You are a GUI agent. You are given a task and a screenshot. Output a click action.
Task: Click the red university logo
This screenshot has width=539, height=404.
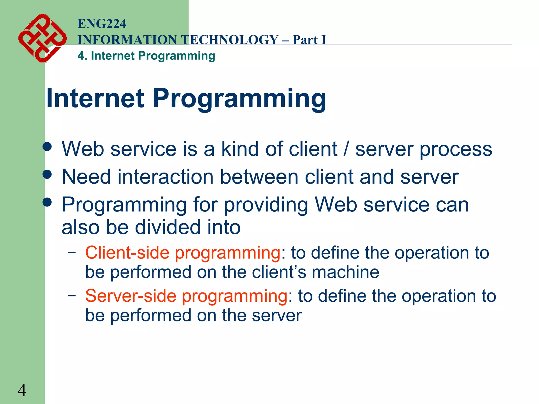click(42, 38)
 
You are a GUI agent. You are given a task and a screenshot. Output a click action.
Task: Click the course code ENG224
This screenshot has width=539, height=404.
click(102, 24)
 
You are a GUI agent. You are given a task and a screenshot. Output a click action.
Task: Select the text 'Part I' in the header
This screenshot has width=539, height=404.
click(309, 40)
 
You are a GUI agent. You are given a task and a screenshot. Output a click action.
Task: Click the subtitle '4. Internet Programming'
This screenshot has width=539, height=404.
click(146, 56)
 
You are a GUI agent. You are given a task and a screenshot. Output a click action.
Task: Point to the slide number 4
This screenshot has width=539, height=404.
click(22, 390)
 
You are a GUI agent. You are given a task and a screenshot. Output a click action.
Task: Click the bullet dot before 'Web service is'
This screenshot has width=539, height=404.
click(47, 147)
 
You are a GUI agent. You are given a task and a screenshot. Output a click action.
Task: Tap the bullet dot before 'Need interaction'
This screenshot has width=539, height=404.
click(47, 174)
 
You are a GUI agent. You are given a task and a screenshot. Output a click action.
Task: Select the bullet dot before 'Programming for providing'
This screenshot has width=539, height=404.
click(47, 202)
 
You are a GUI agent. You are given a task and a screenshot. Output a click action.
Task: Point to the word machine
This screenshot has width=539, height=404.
click(346, 272)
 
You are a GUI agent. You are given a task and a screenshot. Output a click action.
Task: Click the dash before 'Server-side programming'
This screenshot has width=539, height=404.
click(72, 295)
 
